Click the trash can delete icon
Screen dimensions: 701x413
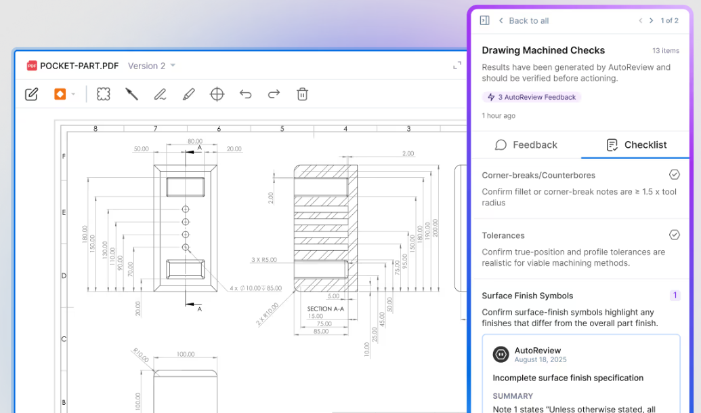[302, 94]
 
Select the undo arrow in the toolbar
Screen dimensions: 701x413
[245, 94]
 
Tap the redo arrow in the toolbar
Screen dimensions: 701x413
[274, 94]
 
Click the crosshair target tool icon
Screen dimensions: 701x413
[217, 94]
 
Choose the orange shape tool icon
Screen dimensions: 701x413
[60, 94]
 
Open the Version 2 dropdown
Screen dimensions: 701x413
[152, 66]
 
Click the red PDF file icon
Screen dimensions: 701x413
[32, 66]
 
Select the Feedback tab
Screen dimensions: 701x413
[526, 145]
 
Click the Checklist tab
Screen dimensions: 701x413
[636, 145]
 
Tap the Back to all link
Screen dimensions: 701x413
[524, 20]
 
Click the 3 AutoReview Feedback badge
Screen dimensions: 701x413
[532, 97]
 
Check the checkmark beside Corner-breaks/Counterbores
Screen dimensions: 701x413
[674, 174]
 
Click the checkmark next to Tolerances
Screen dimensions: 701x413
[674, 235]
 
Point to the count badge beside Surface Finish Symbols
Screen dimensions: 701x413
[675, 295]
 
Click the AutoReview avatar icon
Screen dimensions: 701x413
[501, 355]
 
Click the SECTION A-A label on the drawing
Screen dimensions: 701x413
[326, 309]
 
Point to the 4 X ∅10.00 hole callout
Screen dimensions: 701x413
[256, 288]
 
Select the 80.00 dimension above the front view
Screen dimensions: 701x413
[195, 141]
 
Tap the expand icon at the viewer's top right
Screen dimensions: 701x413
[457, 66]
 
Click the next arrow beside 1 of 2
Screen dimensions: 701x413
[651, 20]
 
